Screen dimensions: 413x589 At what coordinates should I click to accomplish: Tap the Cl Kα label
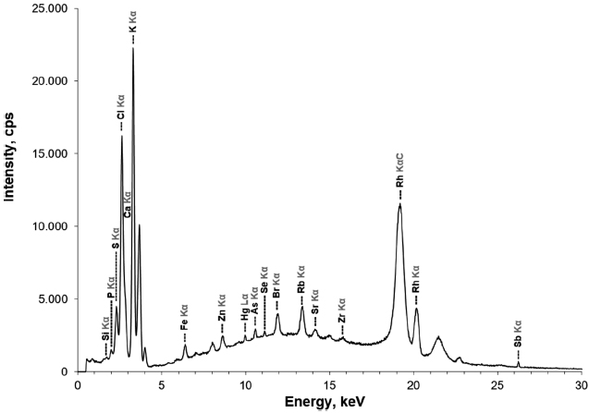pos(121,108)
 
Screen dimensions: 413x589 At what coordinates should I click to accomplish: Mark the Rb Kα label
pos(301,280)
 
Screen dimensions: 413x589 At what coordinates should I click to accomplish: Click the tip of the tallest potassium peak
pos(133,48)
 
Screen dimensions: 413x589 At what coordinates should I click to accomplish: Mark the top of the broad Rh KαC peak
pos(399,205)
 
